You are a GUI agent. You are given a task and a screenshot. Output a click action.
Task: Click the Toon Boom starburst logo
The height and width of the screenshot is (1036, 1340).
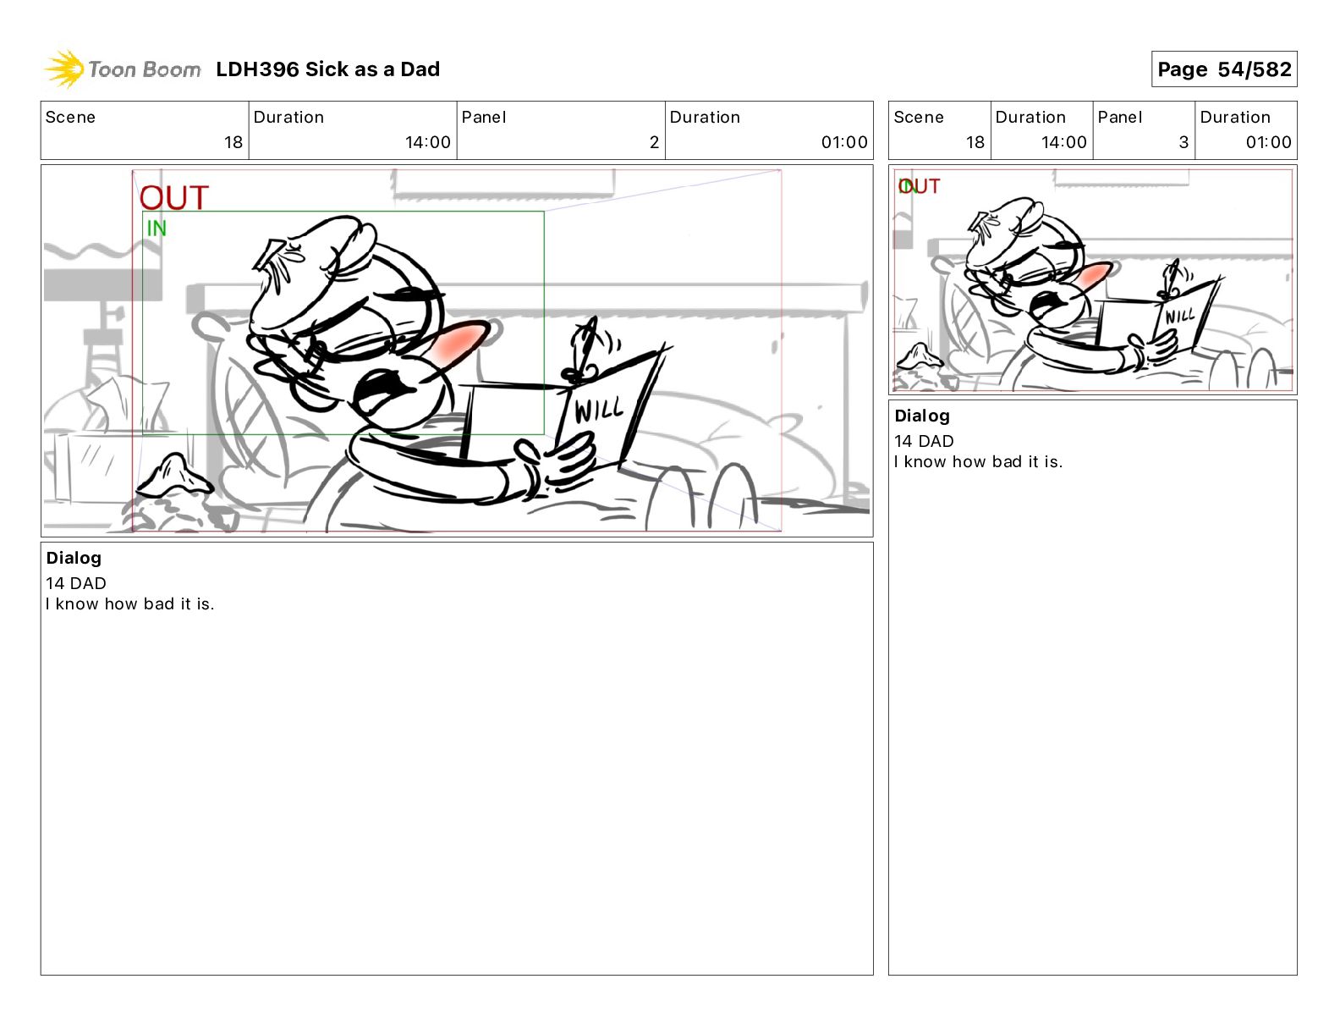(64, 69)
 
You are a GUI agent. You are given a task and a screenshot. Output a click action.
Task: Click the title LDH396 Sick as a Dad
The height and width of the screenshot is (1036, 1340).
(328, 69)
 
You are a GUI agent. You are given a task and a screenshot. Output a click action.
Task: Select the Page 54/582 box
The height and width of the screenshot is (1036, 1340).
(1224, 69)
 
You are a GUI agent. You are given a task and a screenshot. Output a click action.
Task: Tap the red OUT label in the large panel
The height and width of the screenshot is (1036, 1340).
(174, 197)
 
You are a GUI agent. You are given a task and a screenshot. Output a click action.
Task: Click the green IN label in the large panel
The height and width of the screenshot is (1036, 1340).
(157, 229)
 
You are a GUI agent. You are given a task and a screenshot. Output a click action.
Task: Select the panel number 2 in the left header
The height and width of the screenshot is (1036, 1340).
(654, 142)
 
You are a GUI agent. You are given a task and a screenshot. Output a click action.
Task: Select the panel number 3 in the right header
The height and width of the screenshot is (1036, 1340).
(1183, 142)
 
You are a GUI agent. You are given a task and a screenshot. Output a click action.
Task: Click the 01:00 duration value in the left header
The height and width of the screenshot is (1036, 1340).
(844, 142)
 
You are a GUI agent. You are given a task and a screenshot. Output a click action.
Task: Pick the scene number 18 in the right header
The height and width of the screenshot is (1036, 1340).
(975, 142)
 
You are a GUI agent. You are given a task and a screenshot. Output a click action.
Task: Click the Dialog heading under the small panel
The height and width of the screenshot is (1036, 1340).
(922, 416)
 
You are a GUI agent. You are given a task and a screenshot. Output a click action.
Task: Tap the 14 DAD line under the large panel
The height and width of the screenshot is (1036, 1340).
(76, 583)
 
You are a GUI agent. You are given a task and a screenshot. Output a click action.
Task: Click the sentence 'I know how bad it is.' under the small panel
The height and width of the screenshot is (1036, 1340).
(979, 461)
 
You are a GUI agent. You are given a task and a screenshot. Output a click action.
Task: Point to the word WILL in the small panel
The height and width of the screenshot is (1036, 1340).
(1179, 316)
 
